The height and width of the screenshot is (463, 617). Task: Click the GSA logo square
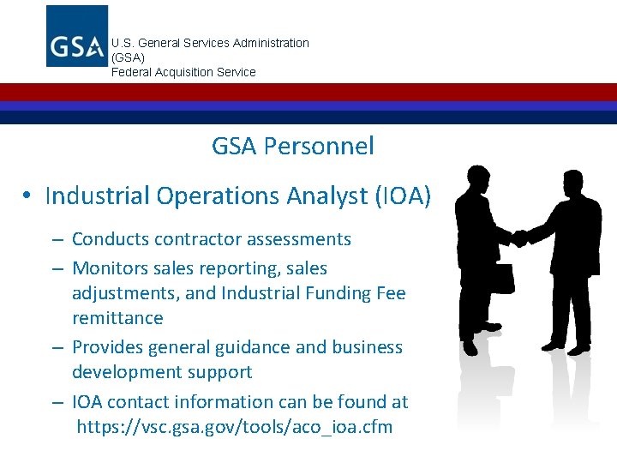pos(77,36)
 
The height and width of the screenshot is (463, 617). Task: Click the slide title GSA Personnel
pos(293,146)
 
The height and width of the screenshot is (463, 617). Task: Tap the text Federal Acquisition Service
pos(183,72)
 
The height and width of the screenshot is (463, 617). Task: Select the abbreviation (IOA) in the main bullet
pos(402,195)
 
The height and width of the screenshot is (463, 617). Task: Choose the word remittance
pos(117,317)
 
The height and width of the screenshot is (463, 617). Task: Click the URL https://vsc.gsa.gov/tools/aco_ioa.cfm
pos(235,426)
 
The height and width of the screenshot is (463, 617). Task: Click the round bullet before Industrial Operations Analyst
pos(27,196)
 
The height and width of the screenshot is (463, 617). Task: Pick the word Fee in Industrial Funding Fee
pos(391,292)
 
